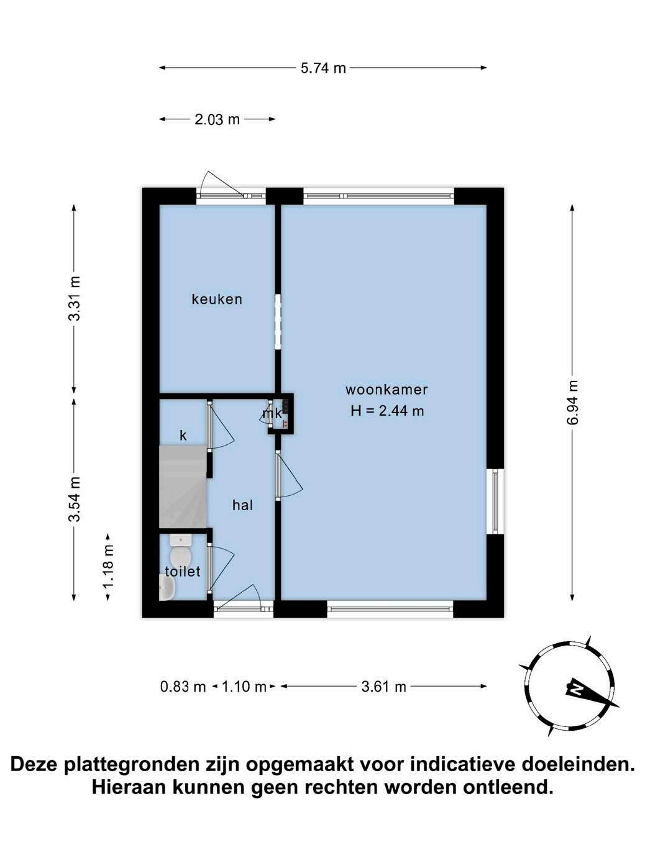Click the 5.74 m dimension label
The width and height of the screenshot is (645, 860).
[x=323, y=68]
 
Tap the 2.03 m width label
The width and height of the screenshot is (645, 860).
[x=217, y=119]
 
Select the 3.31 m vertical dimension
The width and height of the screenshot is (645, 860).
[x=74, y=298]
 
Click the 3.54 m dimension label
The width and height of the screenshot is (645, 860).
[x=74, y=499]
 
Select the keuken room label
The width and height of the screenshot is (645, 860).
[x=217, y=300]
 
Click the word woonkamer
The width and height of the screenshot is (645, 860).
[x=387, y=390]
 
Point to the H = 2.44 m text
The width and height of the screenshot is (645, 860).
[x=387, y=411]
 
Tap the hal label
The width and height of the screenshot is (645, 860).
[x=243, y=505]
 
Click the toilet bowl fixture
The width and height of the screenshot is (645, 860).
[x=181, y=551]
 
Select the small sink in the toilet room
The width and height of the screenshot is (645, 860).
[x=167, y=587]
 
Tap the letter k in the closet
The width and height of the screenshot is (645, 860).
[x=183, y=436]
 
